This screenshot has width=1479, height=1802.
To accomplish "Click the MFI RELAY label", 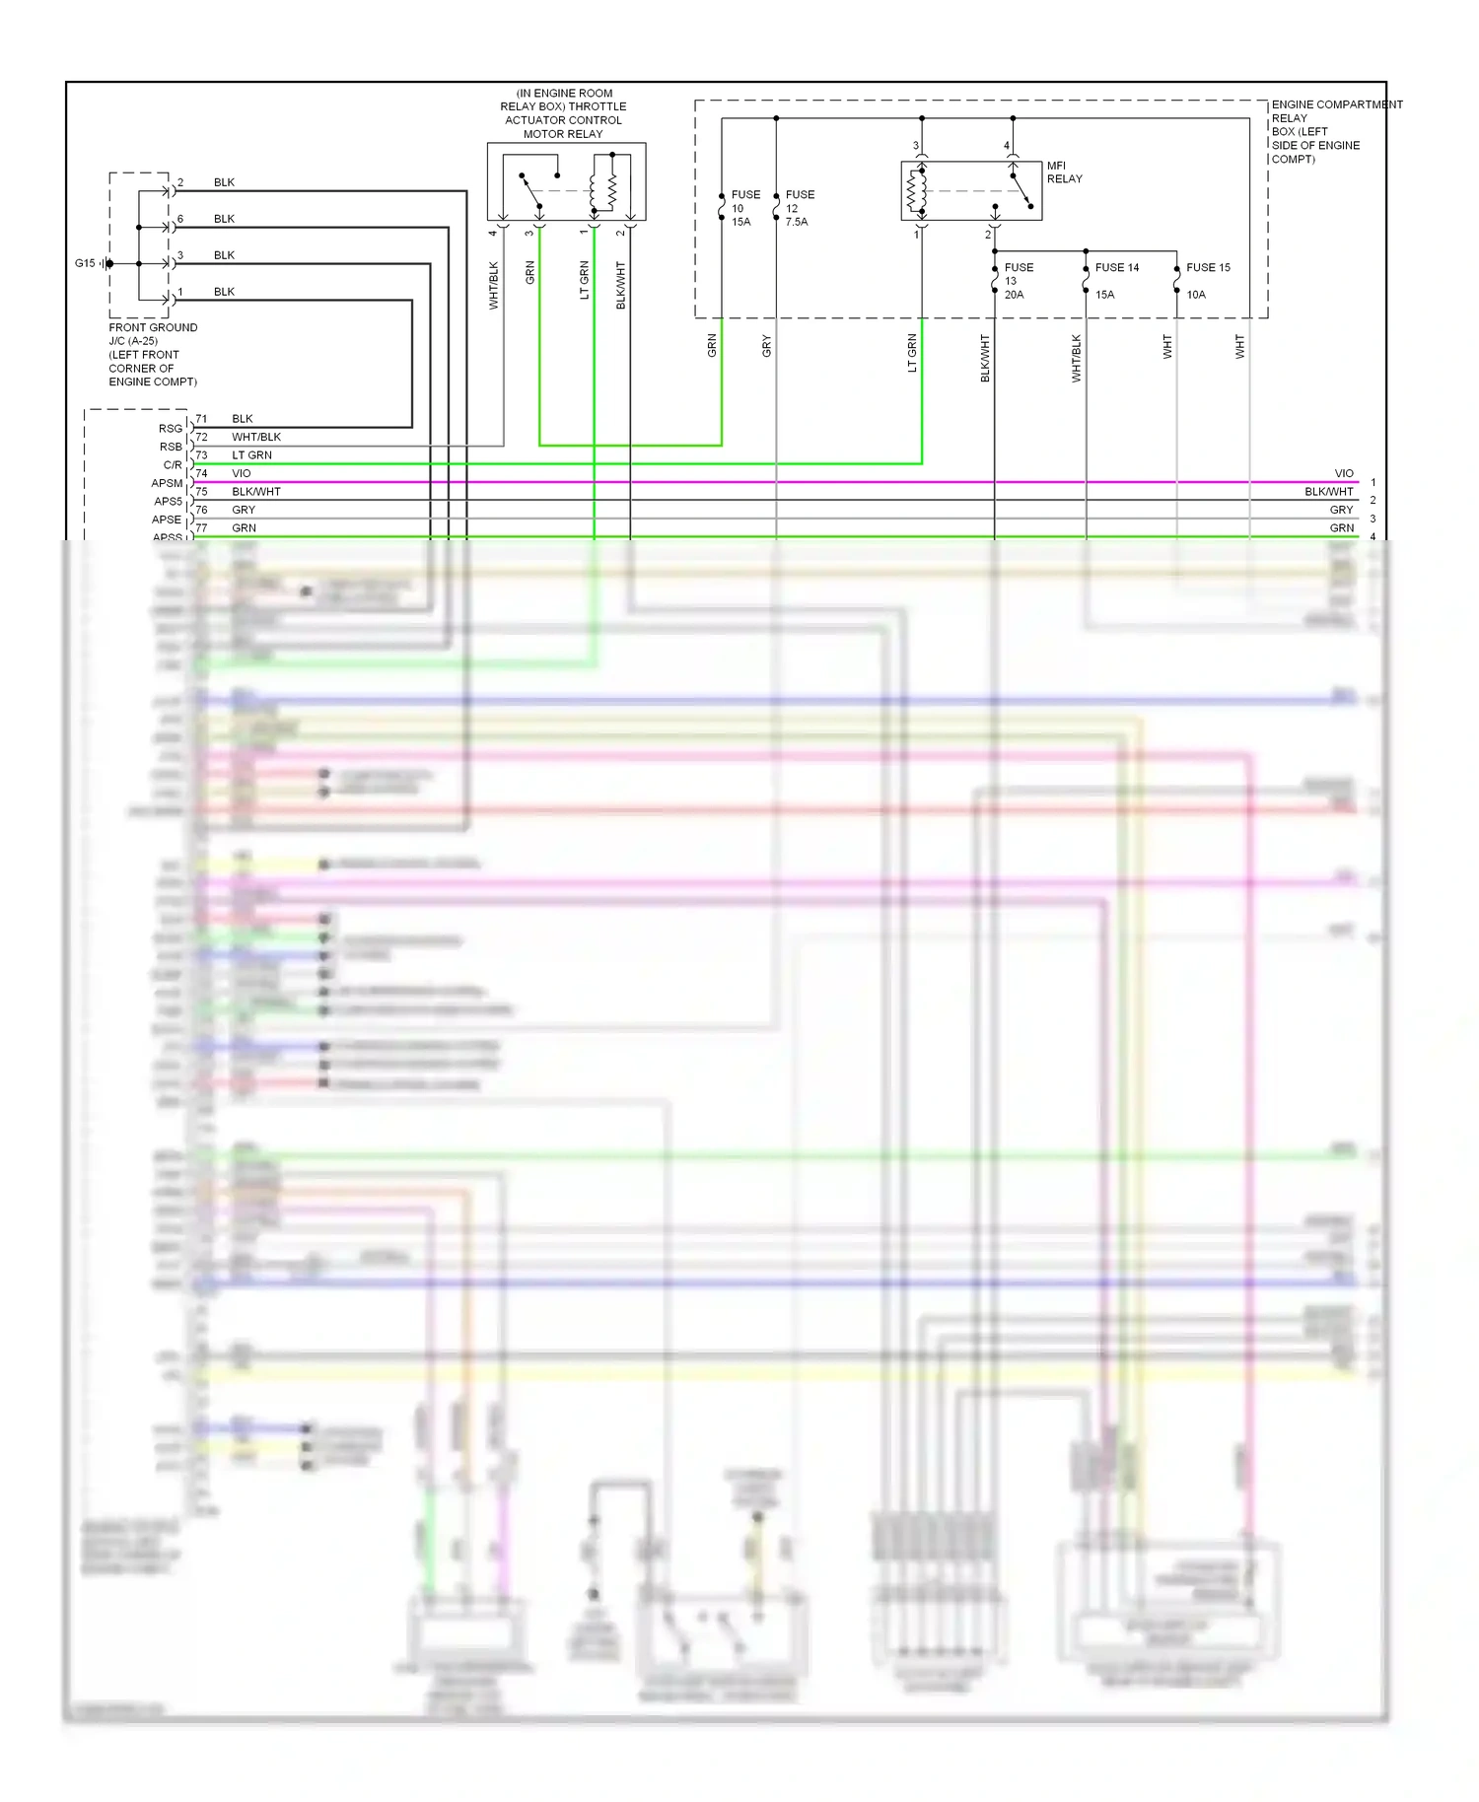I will coord(1064,173).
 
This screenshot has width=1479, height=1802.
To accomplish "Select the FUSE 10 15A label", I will coord(744,208).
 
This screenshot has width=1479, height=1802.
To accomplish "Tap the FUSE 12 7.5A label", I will coord(799,208).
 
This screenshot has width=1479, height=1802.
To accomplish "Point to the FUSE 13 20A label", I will coord(1018,281).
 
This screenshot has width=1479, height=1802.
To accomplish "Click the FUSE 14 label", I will coord(1116,268).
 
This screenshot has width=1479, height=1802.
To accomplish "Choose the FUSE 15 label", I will coord(1208,268).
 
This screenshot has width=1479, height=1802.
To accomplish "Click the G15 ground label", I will coord(85,263).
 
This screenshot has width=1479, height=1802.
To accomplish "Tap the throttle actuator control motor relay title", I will coord(563,113).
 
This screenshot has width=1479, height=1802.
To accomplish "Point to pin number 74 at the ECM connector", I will coord(201,473).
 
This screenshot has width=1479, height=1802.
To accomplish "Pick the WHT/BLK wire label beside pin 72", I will coord(256,437).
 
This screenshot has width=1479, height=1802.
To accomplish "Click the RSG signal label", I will coord(171,429).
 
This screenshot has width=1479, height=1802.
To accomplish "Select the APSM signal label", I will coord(167,483).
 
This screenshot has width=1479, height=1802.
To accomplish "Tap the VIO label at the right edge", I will coord(1343,473).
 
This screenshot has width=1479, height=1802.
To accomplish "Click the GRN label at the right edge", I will coord(1341,528).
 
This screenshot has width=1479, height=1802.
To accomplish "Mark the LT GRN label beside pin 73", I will coord(251,455).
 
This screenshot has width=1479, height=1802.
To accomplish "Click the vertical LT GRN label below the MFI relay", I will coord(912,353).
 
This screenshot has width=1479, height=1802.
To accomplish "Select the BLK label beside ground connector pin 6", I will coord(224,219).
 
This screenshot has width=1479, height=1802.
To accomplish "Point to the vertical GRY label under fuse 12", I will coord(766,346).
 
